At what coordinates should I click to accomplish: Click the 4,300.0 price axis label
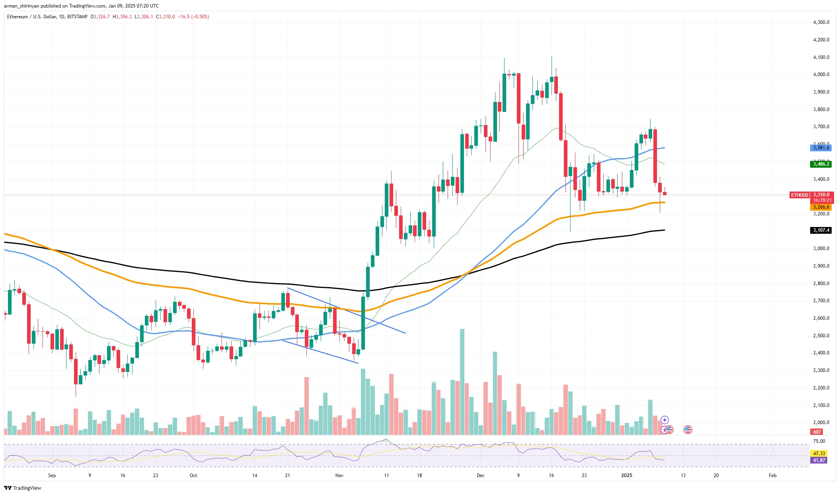tap(821, 22)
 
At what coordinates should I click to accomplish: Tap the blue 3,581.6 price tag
tap(821, 148)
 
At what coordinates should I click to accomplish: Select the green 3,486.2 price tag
tap(821, 164)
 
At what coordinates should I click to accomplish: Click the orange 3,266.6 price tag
tap(821, 207)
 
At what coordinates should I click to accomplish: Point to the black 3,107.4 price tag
tap(821, 230)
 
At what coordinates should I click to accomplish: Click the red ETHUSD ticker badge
tap(799, 195)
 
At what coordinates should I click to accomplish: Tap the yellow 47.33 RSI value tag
tap(819, 453)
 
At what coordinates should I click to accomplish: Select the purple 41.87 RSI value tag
tap(819, 460)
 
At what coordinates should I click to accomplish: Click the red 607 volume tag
tap(817, 432)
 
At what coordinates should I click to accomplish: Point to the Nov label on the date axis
tap(339, 475)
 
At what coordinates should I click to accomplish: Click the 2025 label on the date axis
tap(626, 475)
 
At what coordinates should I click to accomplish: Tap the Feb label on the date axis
tap(772, 475)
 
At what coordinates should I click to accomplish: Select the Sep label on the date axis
tap(52, 475)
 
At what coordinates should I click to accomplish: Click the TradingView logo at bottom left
tap(23, 488)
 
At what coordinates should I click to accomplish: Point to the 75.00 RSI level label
tap(819, 441)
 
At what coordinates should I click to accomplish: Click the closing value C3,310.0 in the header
tap(165, 17)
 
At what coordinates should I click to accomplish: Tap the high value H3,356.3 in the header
tap(122, 17)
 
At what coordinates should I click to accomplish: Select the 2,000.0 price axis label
tap(821, 422)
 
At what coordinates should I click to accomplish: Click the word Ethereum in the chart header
tap(18, 17)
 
